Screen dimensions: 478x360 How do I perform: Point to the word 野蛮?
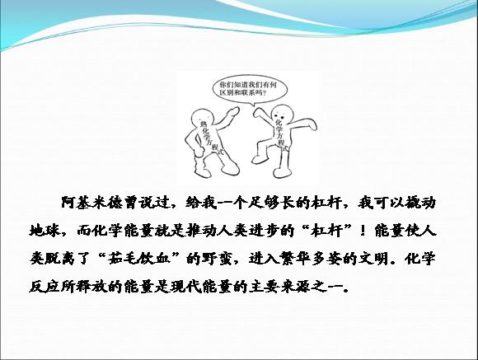(218, 259)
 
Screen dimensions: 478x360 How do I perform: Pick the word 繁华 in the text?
(297, 259)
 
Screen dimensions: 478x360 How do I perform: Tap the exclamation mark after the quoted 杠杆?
(363, 231)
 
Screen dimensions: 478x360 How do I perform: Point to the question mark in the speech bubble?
(264, 92)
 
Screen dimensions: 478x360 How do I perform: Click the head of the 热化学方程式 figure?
(202, 118)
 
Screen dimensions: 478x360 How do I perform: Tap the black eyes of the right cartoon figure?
(280, 115)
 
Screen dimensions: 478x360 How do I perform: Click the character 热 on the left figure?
(203, 124)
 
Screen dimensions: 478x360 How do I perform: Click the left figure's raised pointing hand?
(234, 111)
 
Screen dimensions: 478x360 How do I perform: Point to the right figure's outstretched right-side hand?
(312, 125)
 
